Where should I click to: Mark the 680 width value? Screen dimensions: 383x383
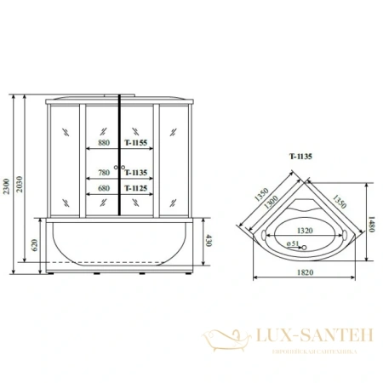coord(105,188)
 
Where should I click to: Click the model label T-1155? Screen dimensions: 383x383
coord(136,146)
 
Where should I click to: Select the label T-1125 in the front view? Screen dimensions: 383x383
coord(136,188)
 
